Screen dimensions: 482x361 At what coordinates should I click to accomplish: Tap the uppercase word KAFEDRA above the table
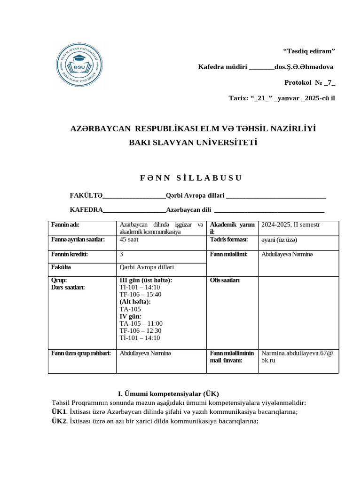pos(86,209)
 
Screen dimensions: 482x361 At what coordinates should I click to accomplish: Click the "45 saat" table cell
pos(129,240)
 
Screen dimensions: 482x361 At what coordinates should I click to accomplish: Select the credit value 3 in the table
pos(122,254)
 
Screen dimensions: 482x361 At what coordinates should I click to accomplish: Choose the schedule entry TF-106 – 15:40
pos(141,295)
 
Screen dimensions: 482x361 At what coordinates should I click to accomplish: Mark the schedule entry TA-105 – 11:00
pos(141,323)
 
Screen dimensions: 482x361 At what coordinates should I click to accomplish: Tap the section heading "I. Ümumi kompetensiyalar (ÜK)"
pos(168,394)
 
